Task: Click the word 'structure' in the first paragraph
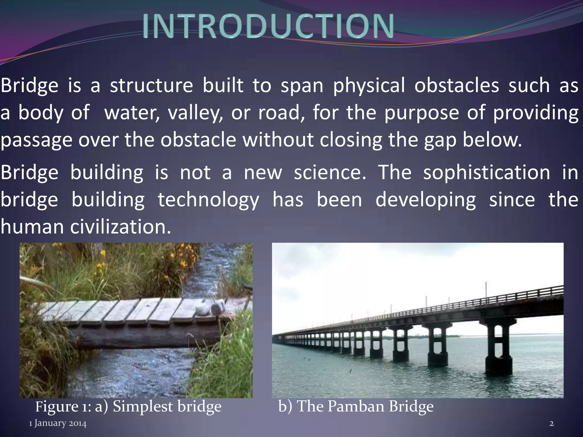coord(151,85)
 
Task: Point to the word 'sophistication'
coord(486,173)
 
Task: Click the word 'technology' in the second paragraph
coord(208,200)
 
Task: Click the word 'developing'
coord(426,200)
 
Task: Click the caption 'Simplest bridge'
coord(167,406)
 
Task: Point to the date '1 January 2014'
coord(58,424)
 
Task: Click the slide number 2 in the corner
coord(552,424)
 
